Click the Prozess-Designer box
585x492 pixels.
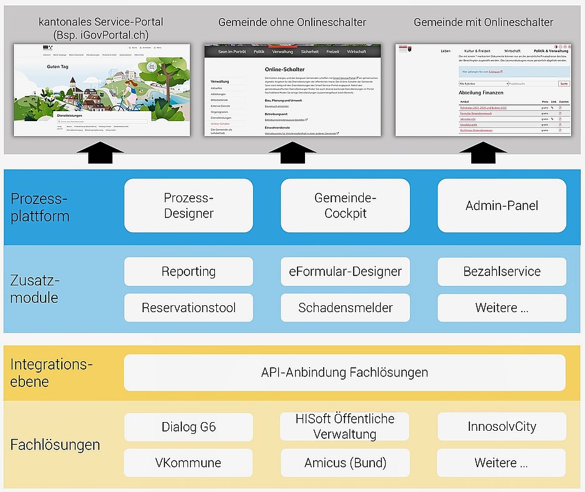(189, 205)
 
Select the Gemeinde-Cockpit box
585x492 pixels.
(345, 205)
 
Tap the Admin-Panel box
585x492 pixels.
(501, 205)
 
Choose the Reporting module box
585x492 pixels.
(189, 272)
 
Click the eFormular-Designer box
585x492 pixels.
(345, 272)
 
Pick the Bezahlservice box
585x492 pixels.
(501, 272)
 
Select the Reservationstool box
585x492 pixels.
(189, 308)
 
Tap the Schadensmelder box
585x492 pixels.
(345, 308)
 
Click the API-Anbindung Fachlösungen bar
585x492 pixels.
(344, 373)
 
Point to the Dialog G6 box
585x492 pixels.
(189, 427)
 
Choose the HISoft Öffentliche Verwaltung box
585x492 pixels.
(345, 427)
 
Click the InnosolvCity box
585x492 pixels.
(501, 427)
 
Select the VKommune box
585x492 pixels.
(189, 463)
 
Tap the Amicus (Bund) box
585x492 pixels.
(345, 463)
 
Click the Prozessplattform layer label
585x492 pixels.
(40, 207)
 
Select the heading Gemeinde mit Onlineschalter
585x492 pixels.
(483, 22)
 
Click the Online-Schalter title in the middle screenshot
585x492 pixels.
(286, 69)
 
